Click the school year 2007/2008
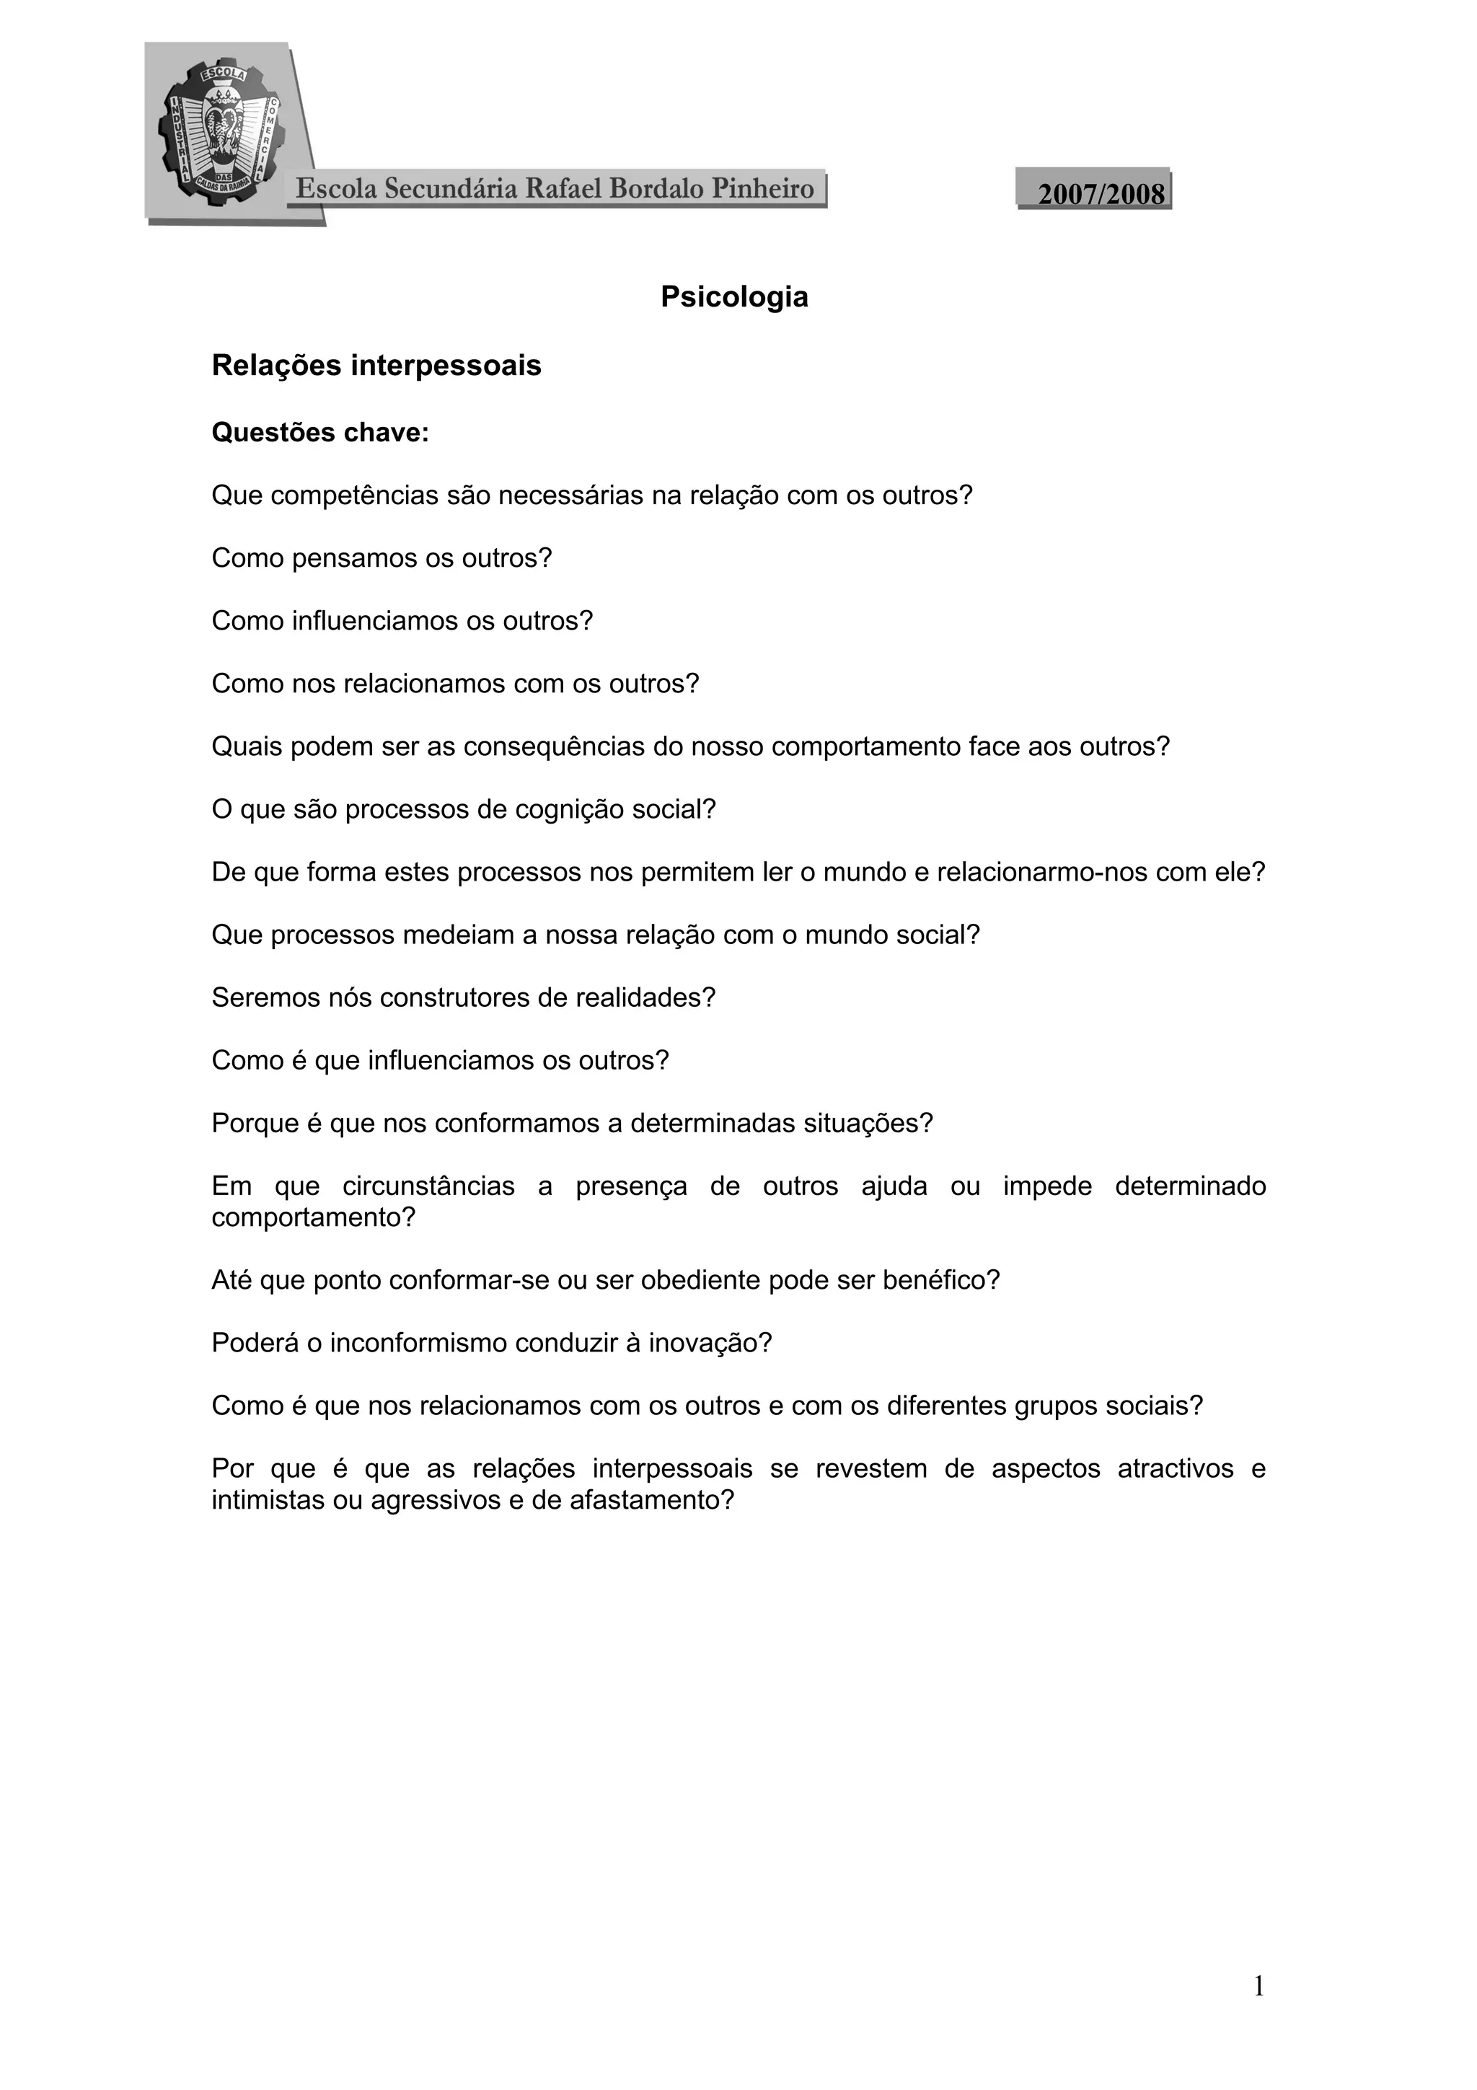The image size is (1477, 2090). pos(1101,194)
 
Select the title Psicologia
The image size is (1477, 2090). pos(734,298)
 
